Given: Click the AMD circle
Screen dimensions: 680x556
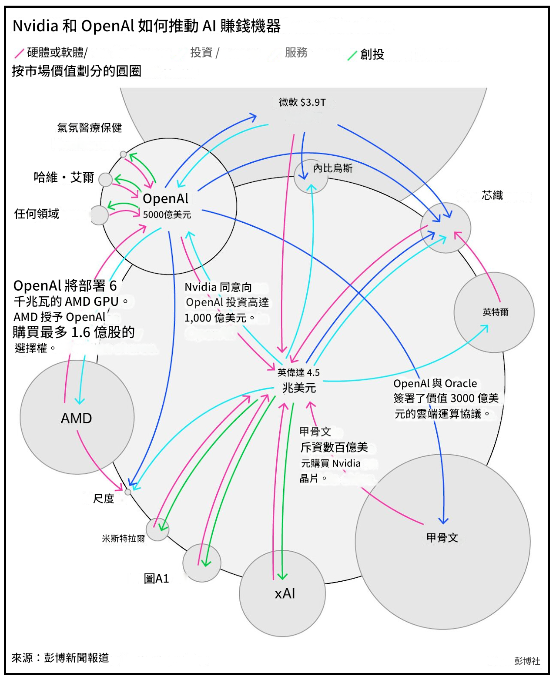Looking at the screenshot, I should [x=77, y=418].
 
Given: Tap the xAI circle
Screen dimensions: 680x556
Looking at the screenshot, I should [x=283, y=593].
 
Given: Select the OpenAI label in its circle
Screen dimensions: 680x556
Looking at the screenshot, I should [x=165, y=199].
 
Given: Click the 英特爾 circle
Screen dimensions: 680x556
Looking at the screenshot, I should [x=494, y=312].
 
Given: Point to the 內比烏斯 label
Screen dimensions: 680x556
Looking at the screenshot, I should [x=332, y=168].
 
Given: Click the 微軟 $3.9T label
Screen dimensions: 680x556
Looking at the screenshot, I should [x=302, y=102].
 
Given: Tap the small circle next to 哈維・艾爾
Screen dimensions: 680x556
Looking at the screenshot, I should [x=105, y=179].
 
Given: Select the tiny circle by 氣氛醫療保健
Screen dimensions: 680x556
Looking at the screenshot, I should [x=123, y=154].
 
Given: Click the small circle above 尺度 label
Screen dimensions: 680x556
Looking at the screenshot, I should [x=128, y=492].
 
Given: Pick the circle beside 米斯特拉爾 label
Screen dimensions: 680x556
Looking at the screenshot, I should [x=157, y=529].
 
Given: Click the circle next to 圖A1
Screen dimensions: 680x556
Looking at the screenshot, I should [x=201, y=563].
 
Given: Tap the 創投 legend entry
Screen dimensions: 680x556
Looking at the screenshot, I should [x=372, y=54].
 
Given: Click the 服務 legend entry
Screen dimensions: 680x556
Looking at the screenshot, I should [x=296, y=53].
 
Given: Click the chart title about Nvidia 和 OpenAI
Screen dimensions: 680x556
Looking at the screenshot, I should [x=147, y=26].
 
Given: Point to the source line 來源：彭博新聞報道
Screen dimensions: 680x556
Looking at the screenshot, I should [x=60, y=657].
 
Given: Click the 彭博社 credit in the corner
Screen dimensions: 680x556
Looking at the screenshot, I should [x=527, y=661].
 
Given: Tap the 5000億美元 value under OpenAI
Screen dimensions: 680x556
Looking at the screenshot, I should [x=167, y=214].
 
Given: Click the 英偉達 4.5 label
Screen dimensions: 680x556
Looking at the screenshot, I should [x=298, y=372].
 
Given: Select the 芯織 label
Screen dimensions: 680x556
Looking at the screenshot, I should [x=492, y=195].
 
